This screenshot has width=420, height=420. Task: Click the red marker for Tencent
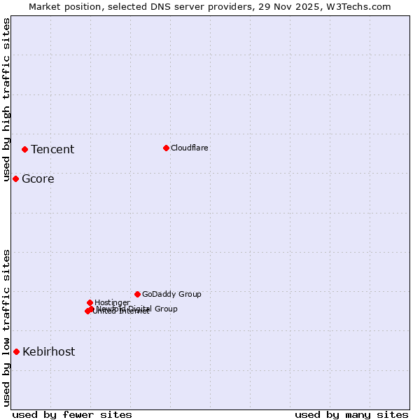tap(24, 149)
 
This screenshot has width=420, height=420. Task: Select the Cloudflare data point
tap(166, 148)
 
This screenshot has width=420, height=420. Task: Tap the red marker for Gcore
tap(15, 178)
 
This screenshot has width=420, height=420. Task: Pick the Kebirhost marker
tap(16, 351)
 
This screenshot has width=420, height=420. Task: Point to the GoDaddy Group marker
tap(137, 294)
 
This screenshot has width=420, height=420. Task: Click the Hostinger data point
tap(90, 302)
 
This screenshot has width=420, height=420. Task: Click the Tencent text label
tap(52, 149)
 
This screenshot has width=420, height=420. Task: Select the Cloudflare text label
tap(190, 148)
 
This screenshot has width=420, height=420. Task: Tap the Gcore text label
tap(38, 179)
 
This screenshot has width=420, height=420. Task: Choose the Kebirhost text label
tap(49, 352)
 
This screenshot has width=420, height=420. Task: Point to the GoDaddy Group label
tap(171, 294)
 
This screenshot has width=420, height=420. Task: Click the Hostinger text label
tap(112, 302)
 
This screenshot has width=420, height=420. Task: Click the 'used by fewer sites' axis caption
tap(72, 414)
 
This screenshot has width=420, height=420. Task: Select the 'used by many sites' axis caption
tap(351, 414)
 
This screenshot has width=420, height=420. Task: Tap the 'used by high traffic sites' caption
tap(6, 99)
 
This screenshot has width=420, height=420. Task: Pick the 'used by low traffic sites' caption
tap(6, 328)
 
